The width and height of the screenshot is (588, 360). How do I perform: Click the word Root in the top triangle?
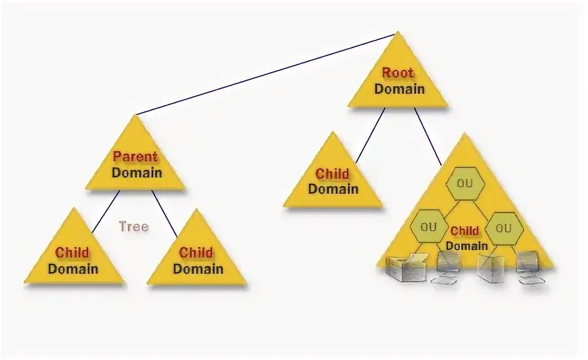pyautogui.click(x=398, y=72)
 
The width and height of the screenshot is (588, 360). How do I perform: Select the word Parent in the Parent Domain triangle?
pyautogui.click(x=135, y=156)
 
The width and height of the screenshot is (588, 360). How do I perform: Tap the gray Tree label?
pyautogui.click(x=134, y=226)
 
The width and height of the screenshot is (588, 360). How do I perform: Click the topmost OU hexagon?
pyautogui.click(x=465, y=184)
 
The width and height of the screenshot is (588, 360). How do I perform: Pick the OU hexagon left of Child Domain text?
pyautogui.click(x=428, y=227)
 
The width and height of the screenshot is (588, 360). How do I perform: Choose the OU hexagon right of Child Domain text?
pyautogui.click(x=504, y=227)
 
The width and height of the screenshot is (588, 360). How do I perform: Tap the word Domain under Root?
pyautogui.click(x=399, y=89)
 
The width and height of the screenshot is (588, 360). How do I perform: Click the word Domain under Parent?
pyautogui.click(x=136, y=172)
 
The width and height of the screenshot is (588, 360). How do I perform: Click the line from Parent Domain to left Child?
pyautogui.click(x=105, y=212)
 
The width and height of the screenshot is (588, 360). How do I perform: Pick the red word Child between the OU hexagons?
pyautogui.click(x=465, y=231)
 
